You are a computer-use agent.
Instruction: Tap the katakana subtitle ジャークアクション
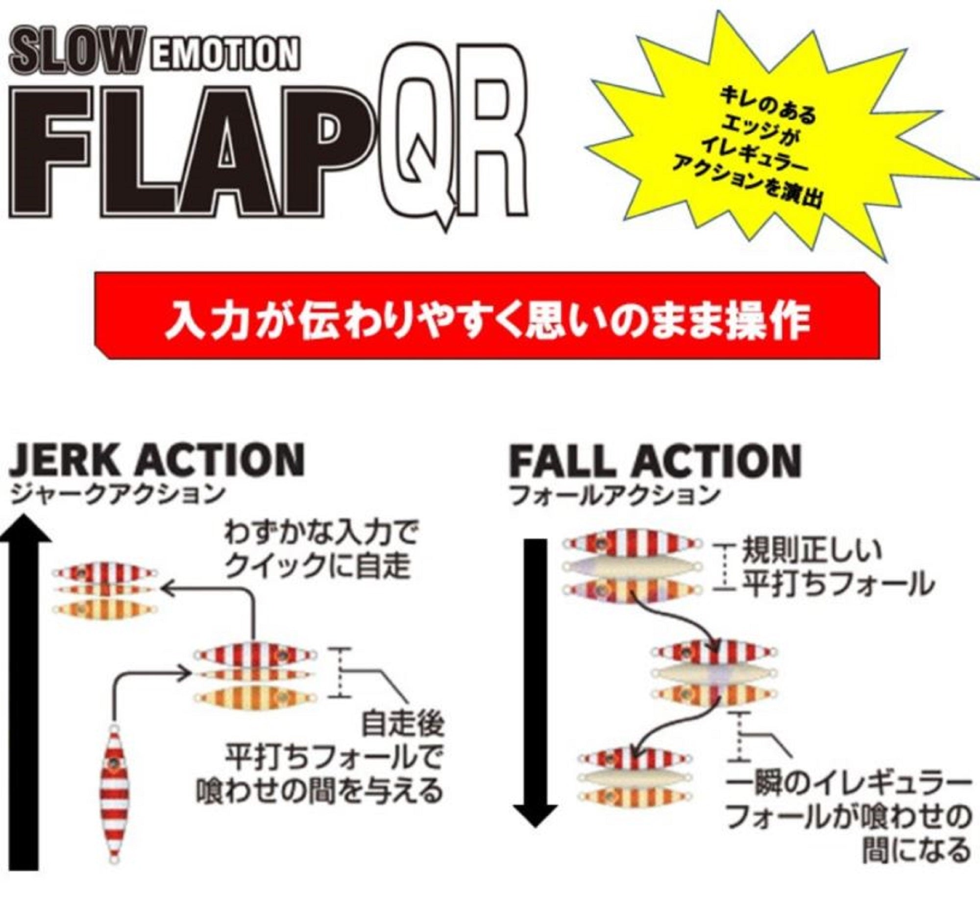[x=118, y=495]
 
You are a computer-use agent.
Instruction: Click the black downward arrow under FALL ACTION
[x=538, y=676]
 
